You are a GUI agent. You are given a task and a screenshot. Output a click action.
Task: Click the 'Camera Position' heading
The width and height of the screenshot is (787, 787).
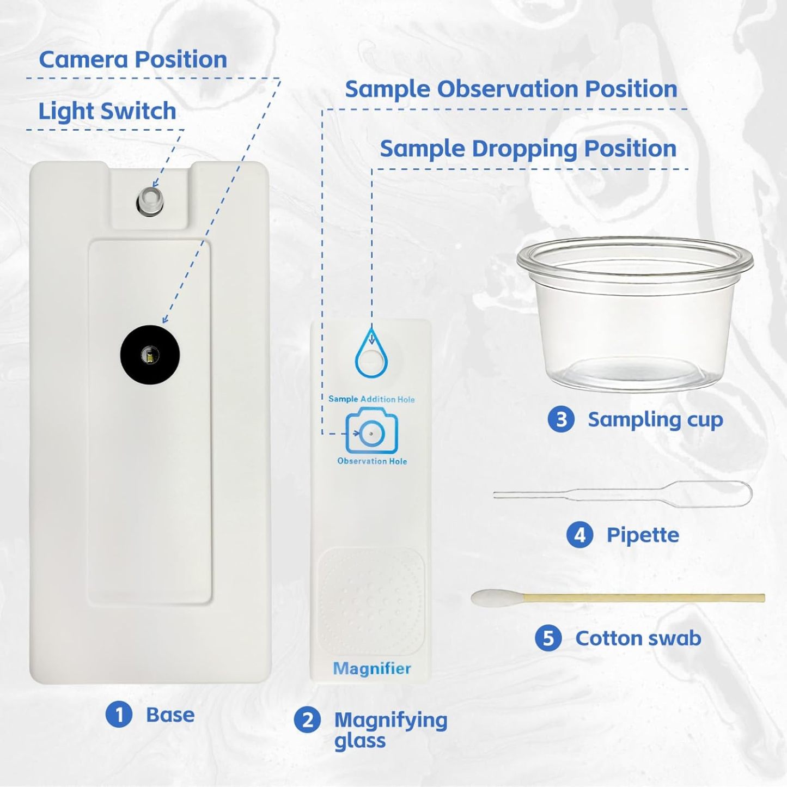pos(133,59)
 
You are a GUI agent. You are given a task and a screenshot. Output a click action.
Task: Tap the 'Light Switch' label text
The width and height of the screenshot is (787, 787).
pos(107,112)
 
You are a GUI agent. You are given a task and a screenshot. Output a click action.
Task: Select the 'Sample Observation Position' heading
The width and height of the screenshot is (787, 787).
pos(510,89)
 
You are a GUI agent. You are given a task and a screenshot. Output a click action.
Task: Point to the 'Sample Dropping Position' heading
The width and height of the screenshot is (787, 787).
pos(527,149)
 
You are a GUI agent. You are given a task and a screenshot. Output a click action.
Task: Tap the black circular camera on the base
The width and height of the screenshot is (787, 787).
pos(150,355)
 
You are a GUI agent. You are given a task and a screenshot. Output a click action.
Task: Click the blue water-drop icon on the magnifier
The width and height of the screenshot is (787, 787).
pos(371,355)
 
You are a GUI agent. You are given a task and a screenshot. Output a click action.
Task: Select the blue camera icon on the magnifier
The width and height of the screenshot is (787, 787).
pos(371,432)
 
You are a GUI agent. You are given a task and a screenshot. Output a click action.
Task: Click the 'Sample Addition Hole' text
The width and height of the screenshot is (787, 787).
pos(371,399)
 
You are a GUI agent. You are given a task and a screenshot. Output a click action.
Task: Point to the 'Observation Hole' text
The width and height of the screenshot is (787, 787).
pos(372,461)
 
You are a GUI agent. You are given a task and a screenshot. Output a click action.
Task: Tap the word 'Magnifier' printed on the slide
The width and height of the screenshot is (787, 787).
pos(372,668)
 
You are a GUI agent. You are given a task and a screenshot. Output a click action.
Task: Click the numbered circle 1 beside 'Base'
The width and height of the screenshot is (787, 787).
pos(119,715)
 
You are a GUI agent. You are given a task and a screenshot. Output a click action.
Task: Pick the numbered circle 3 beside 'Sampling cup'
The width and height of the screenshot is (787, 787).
pos(561,419)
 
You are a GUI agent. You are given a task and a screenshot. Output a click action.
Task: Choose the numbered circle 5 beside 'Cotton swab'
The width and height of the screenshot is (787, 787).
pos(548,638)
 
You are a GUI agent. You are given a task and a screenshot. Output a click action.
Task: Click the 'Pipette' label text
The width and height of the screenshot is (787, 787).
pos(643,535)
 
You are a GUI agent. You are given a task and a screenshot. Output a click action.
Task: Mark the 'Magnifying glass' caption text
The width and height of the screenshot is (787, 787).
pos(389,730)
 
